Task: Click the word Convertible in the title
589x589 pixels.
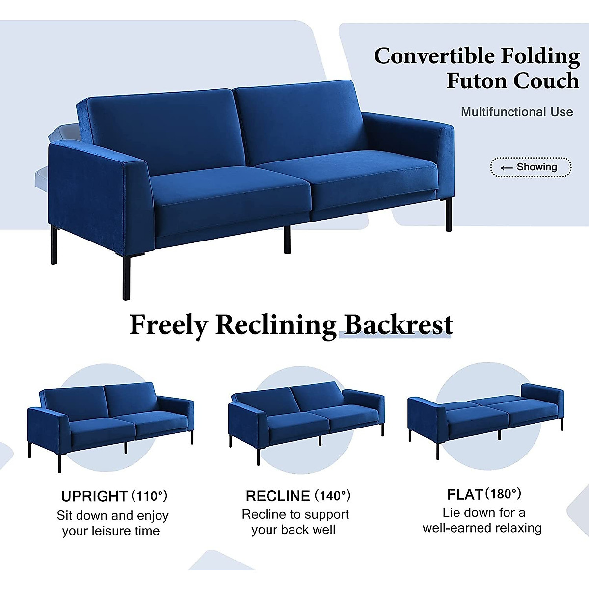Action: pos(433,56)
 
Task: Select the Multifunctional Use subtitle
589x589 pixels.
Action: pos(517,112)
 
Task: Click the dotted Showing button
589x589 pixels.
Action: pos(531,167)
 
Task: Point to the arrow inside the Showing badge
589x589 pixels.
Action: pos(506,168)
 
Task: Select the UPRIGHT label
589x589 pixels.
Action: pos(95,496)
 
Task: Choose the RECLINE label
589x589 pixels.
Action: pos(278,496)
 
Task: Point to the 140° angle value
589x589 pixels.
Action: pos(333,496)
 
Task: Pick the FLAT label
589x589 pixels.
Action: pos(465,494)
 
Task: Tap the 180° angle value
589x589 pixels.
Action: pos(503,493)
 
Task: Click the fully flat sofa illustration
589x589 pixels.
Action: pos(486,417)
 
